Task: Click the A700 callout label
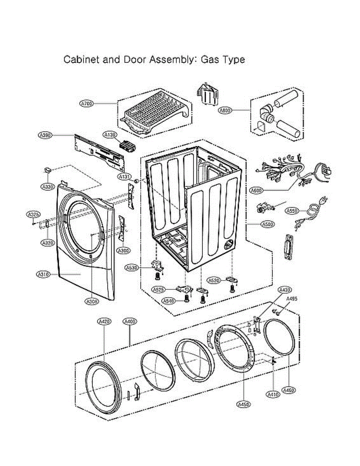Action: click(x=87, y=103)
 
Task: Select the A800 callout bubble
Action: click(x=225, y=110)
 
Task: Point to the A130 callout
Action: click(x=110, y=134)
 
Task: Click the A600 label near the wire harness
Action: click(x=256, y=190)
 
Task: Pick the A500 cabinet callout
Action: click(x=267, y=224)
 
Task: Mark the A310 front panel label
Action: click(x=43, y=274)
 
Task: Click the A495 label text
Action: click(x=292, y=299)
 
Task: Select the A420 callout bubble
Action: click(x=104, y=322)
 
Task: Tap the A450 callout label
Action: click(x=243, y=404)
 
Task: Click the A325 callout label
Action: click(x=33, y=214)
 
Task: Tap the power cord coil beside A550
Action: click(x=313, y=210)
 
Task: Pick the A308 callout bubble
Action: click(x=92, y=301)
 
